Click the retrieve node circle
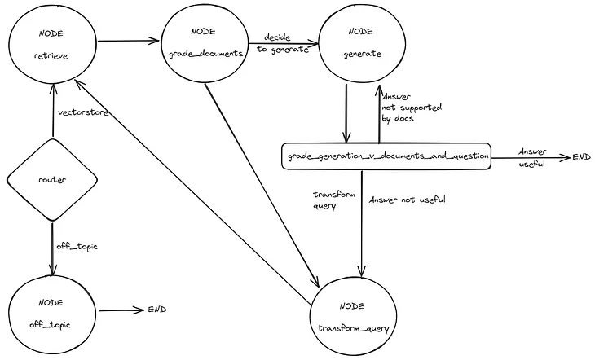pyautogui.click(x=53, y=46)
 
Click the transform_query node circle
pyautogui.click(x=352, y=315)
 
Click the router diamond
pyautogui.click(x=53, y=178)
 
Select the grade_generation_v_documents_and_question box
pyautogui.click(x=386, y=155)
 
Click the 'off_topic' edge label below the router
pyautogui.click(x=77, y=246)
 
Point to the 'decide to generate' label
pyautogui.click(x=285, y=42)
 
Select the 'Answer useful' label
pyautogui.click(x=533, y=156)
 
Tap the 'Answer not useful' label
pyautogui.click(x=407, y=200)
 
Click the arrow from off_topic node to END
pyautogui.click(x=119, y=310)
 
